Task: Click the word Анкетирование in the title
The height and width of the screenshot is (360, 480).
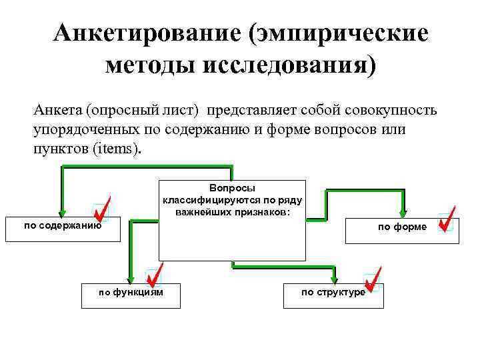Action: (144, 33)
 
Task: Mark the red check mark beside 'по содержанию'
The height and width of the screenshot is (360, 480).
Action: (101, 209)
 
